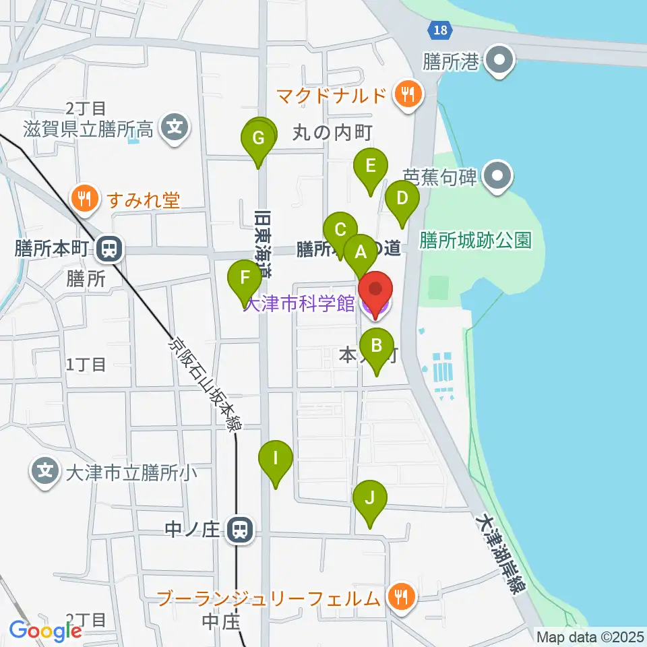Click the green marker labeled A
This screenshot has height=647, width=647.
(x=360, y=253)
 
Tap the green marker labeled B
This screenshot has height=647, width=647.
(x=376, y=347)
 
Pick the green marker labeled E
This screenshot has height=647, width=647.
(x=370, y=166)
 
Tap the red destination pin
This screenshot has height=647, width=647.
(x=375, y=291)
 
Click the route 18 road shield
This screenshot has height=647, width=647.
(x=439, y=30)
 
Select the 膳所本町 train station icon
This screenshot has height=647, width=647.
(x=107, y=250)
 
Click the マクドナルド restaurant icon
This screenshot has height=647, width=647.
(x=407, y=94)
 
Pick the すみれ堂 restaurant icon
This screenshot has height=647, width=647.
(x=84, y=199)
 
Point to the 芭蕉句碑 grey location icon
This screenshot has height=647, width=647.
(x=499, y=177)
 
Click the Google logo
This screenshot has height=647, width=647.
(x=45, y=631)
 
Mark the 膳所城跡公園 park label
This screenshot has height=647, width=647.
(x=476, y=240)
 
